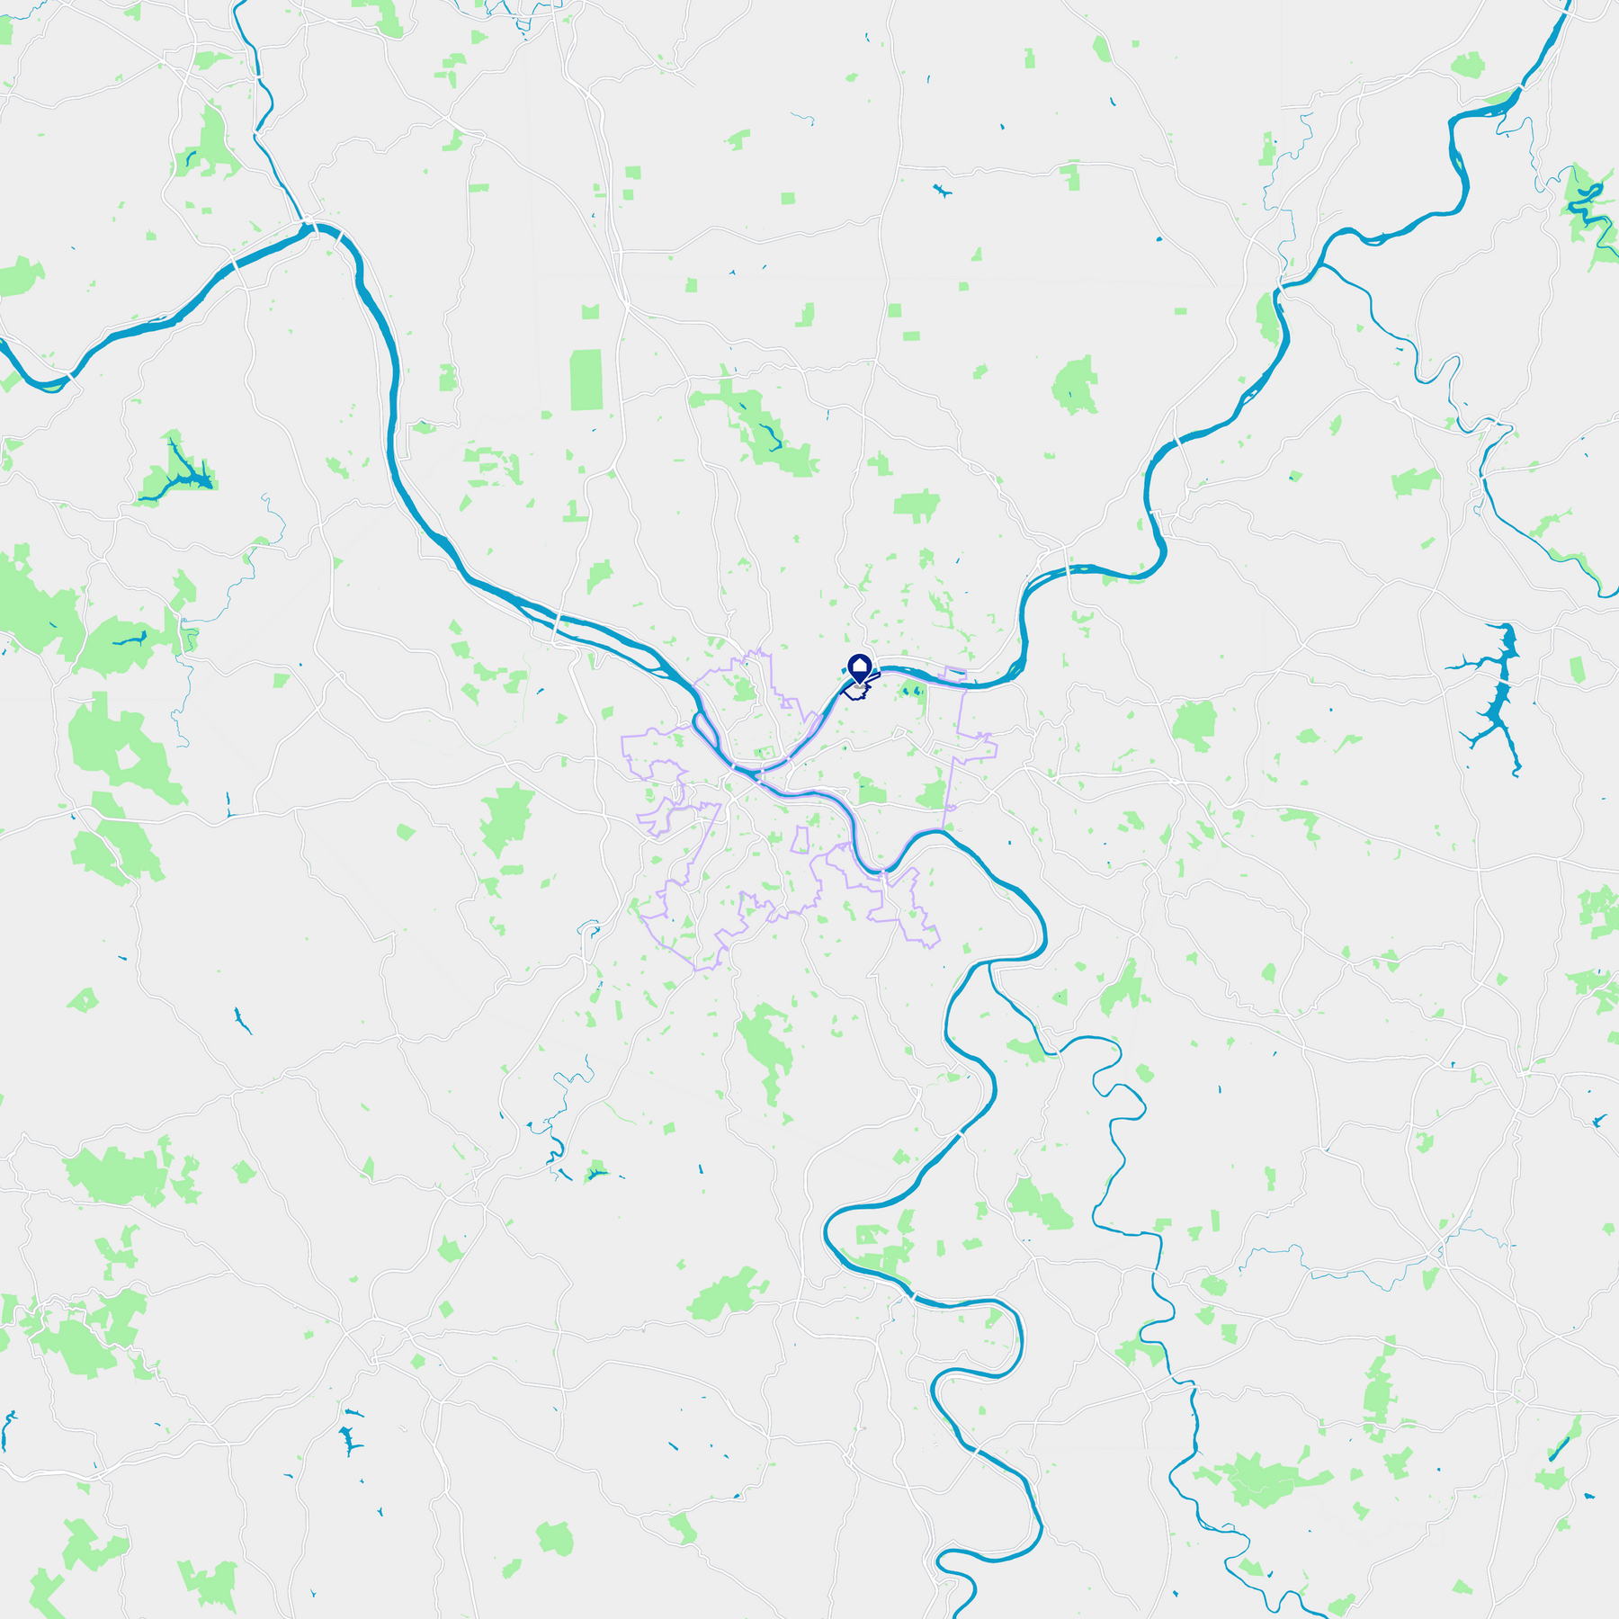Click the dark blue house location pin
(860, 668)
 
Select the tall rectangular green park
(586, 380)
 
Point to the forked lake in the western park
(180, 472)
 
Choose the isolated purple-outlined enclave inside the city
(800, 840)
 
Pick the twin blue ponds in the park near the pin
(910, 691)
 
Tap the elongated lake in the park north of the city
(767, 435)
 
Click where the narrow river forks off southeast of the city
(989, 964)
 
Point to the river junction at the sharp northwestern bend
(310, 225)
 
